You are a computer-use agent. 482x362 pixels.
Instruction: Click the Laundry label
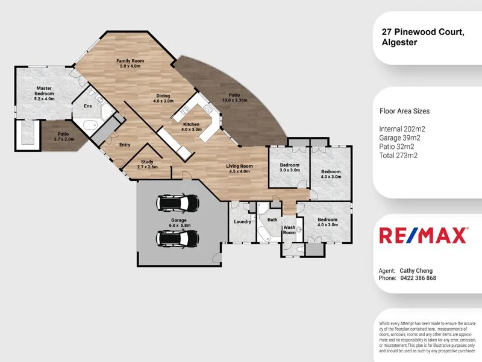(x=242, y=222)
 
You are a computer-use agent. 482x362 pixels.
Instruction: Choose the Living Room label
(x=239, y=168)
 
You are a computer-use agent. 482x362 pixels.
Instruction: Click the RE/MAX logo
(x=422, y=235)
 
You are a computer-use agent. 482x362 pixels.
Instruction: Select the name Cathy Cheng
(x=416, y=270)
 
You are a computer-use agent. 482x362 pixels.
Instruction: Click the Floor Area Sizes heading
(x=404, y=111)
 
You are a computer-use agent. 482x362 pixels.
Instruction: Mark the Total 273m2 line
(x=399, y=155)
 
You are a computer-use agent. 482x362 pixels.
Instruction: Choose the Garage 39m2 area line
(x=400, y=138)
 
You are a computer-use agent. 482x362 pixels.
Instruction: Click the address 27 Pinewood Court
(x=422, y=33)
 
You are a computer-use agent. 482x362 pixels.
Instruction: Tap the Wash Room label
(x=289, y=230)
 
